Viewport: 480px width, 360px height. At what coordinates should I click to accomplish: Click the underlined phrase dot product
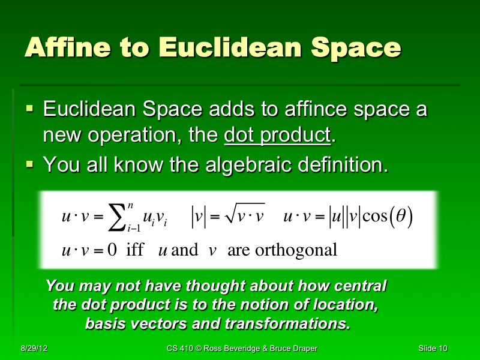[x=277, y=136]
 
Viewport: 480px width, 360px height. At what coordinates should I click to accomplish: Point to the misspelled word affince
[x=313, y=110]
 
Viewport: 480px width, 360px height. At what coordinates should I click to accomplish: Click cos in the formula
[x=376, y=217]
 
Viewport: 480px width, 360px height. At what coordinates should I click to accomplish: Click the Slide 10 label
[x=433, y=349]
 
